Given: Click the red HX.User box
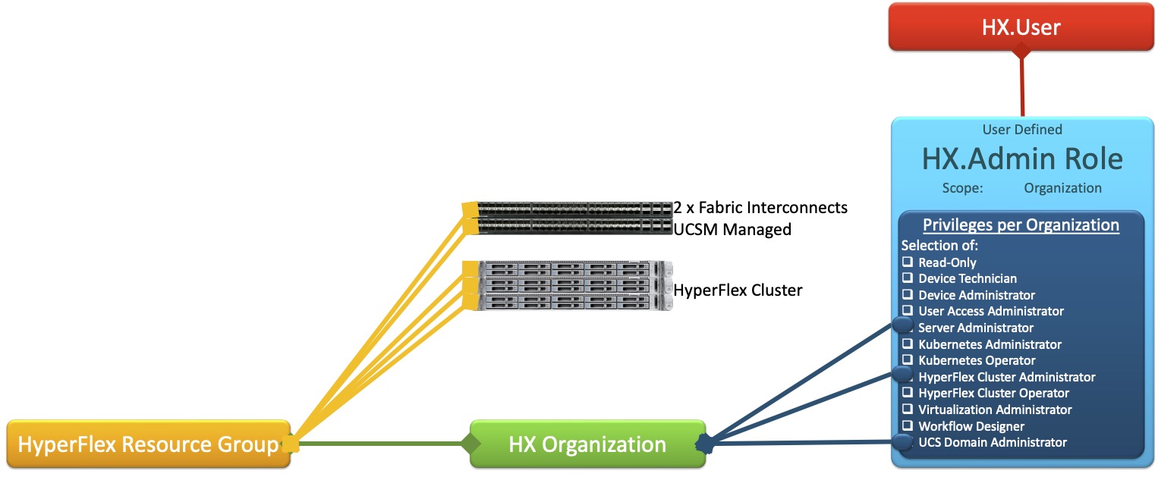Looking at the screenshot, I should tap(1021, 28).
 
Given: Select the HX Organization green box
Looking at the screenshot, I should tap(587, 444).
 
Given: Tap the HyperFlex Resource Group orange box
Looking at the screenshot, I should tap(148, 444).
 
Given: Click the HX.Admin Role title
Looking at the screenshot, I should tap(1021, 159).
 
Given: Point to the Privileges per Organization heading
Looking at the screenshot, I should tap(1021, 225).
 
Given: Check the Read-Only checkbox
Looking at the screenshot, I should tap(907, 262).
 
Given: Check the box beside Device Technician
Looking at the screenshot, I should tap(907, 279).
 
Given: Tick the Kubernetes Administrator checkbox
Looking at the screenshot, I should tap(907, 344).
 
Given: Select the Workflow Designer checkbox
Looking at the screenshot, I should tap(907, 426).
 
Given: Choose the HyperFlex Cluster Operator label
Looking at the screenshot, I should tap(993, 394).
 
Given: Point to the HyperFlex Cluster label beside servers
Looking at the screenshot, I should tap(738, 290).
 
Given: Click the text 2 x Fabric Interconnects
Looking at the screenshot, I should tap(760, 207).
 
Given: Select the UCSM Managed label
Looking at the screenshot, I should tap(732, 229).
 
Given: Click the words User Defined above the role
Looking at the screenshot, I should tap(1021, 130).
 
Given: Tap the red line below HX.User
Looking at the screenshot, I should tap(1021, 87).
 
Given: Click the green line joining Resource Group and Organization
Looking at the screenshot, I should tap(379, 443).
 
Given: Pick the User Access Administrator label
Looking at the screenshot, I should tap(990, 312).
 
